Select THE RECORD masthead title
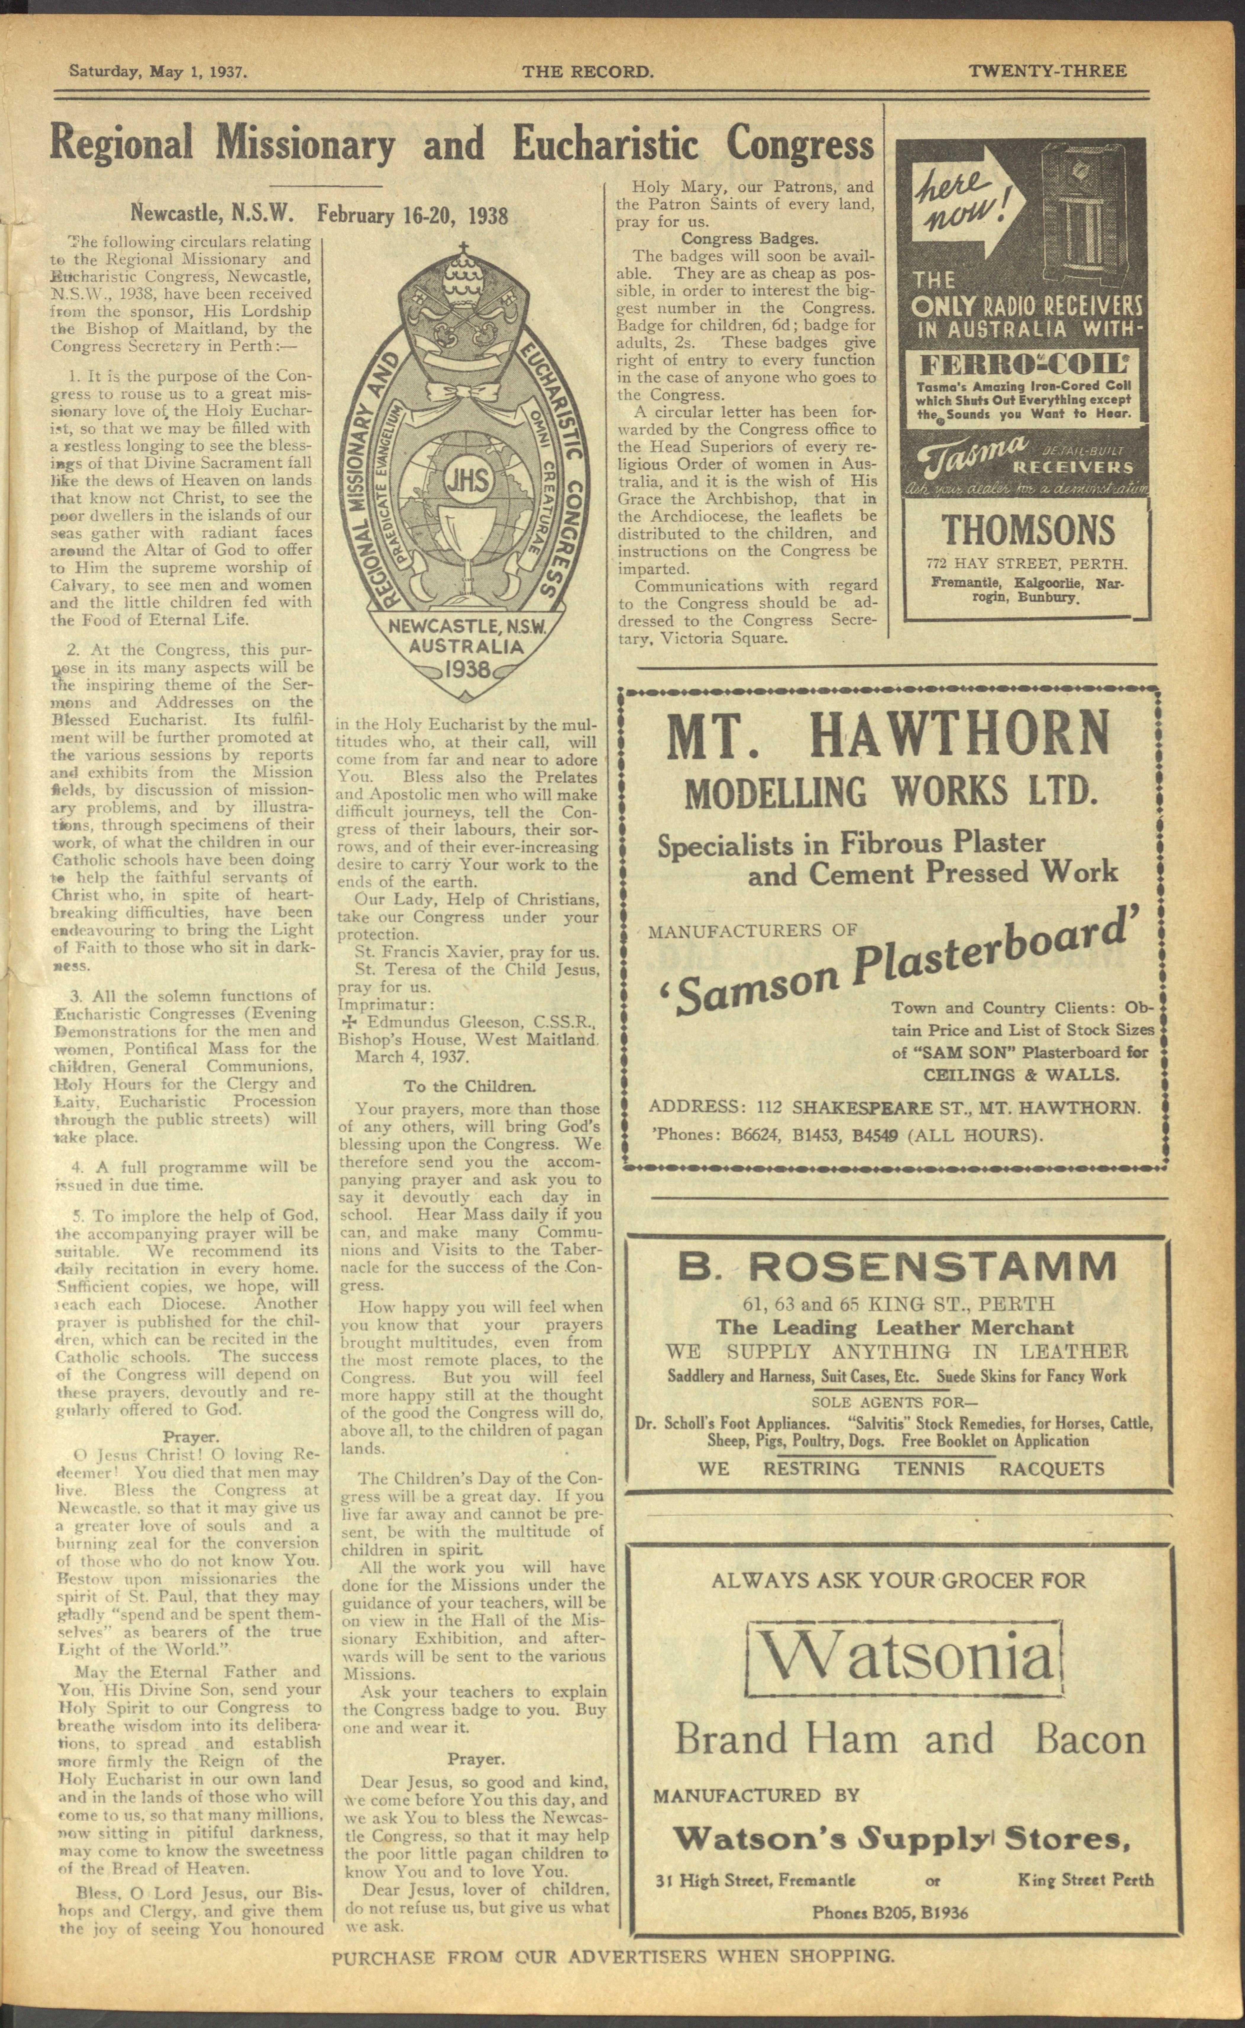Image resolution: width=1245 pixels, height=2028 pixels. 588,72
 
